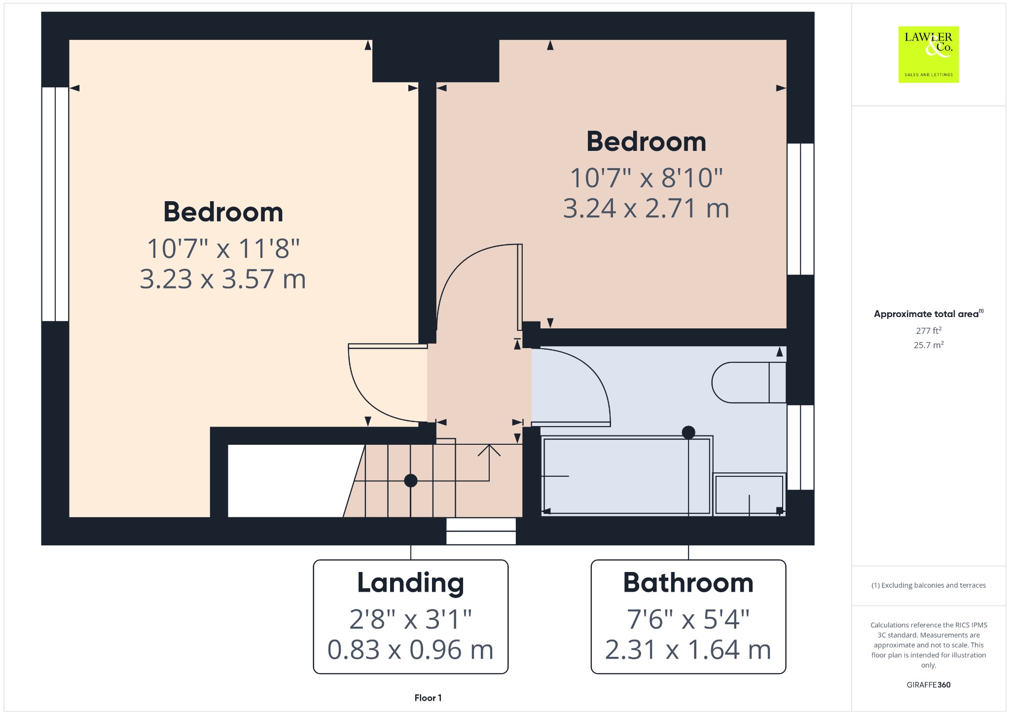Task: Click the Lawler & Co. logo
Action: (x=928, y=54)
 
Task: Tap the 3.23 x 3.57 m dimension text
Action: (x=223, y=279)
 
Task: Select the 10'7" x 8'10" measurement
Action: (x=646, y=178)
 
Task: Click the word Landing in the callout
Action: (x=410, y=583)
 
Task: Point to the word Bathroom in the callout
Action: (x=688, y=583)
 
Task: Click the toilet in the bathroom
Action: (x=749, y=383)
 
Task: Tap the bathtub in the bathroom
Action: (x=627, y=476)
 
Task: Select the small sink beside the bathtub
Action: (x=749, y=495)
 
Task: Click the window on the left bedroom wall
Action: (x=55, y=204)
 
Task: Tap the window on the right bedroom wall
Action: (x=800, y=209)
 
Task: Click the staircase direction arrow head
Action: (x=489, y=449)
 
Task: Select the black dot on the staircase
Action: (x=411, y=480)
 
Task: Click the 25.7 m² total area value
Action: (x=929, y=345)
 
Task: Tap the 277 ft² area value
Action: (x=929, y=330)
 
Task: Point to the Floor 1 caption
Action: (x=428, y=698)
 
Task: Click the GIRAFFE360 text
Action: (x=929, y=685)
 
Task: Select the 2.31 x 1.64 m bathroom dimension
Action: (x=688, y=650)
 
